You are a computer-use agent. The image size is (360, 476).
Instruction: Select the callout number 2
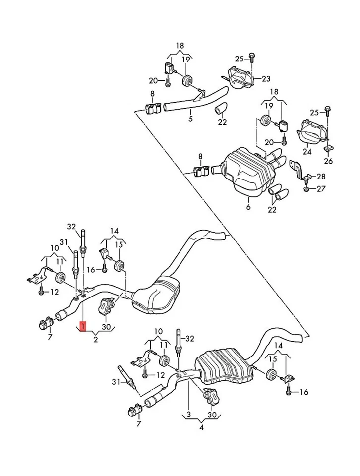96,340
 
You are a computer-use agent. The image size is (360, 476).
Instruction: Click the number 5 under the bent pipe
190,119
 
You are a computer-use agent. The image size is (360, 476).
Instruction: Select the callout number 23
266,78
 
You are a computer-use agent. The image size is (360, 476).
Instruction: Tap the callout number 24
307,152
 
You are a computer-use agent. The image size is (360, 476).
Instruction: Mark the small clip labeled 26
328,148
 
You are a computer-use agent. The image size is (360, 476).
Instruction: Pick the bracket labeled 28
298,170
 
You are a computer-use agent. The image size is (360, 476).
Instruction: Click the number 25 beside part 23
240,59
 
